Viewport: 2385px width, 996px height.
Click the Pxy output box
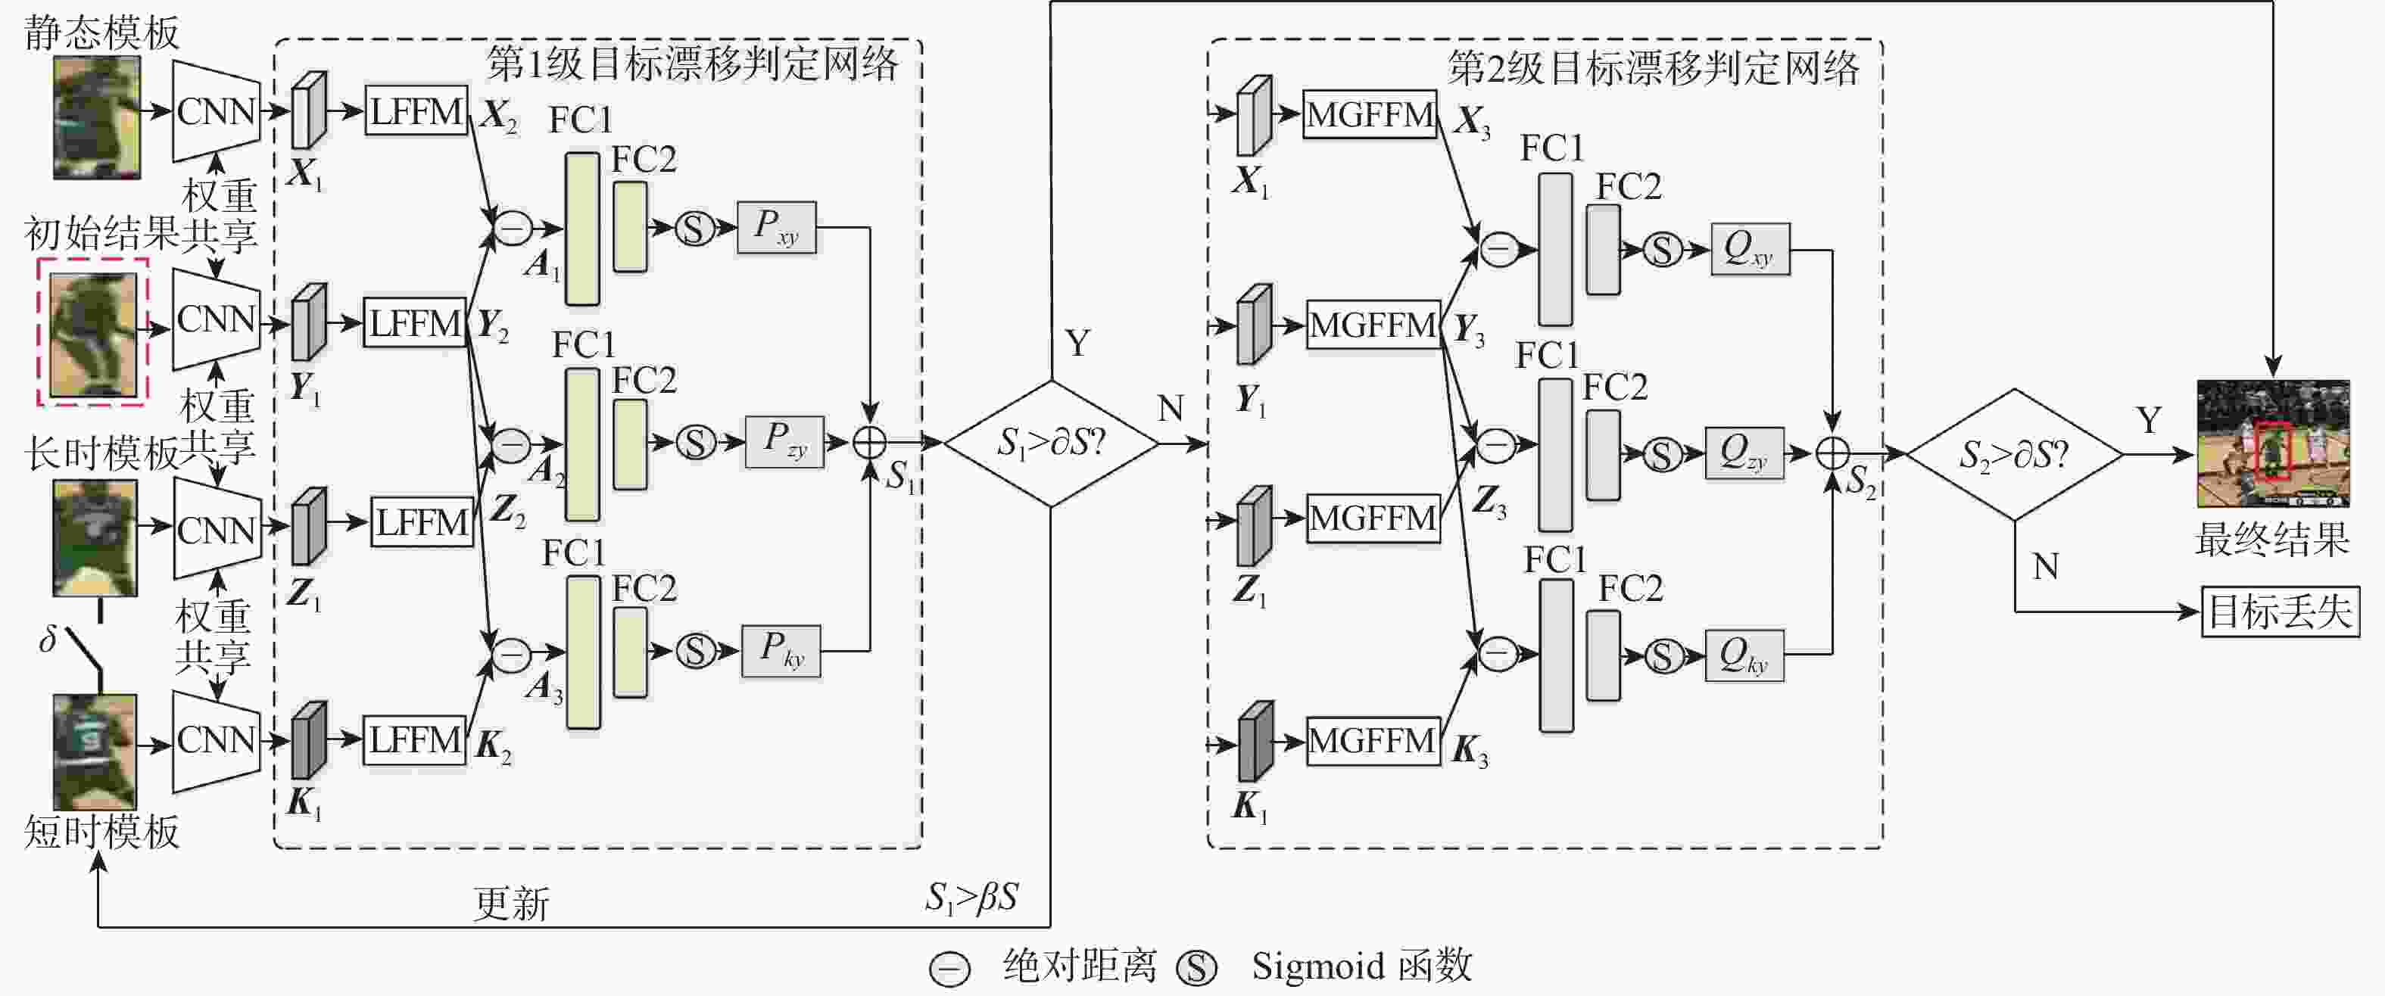click(x=777, y=228)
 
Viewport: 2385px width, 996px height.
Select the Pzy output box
click(x=785, y=441)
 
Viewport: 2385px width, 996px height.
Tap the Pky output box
click(x=781, y=651)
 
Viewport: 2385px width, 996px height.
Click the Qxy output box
click(x=1750, y=249)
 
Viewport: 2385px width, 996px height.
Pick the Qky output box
click(x=1744, y=655)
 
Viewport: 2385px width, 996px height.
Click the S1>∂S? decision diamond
click(x=1051, y=444)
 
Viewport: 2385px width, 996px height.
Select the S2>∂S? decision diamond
click(x=2014, y=455)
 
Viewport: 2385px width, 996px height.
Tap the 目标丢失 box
click(x=2280, y=612)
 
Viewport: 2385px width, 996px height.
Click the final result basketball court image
click(x=2273, y=444)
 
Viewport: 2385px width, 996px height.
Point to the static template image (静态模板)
click(x=97, y=117)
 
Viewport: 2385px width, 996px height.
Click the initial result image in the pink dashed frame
click(x=92, y=332)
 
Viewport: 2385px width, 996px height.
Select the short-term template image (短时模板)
click(x=95, y=752)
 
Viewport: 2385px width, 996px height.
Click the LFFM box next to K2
click(x=415, y=740)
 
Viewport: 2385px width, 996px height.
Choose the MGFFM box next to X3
click(x=1370, y=115)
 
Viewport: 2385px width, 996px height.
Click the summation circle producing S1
click(x=869, y=443)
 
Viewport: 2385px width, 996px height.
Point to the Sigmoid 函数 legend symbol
click(x=1196, y=967)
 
